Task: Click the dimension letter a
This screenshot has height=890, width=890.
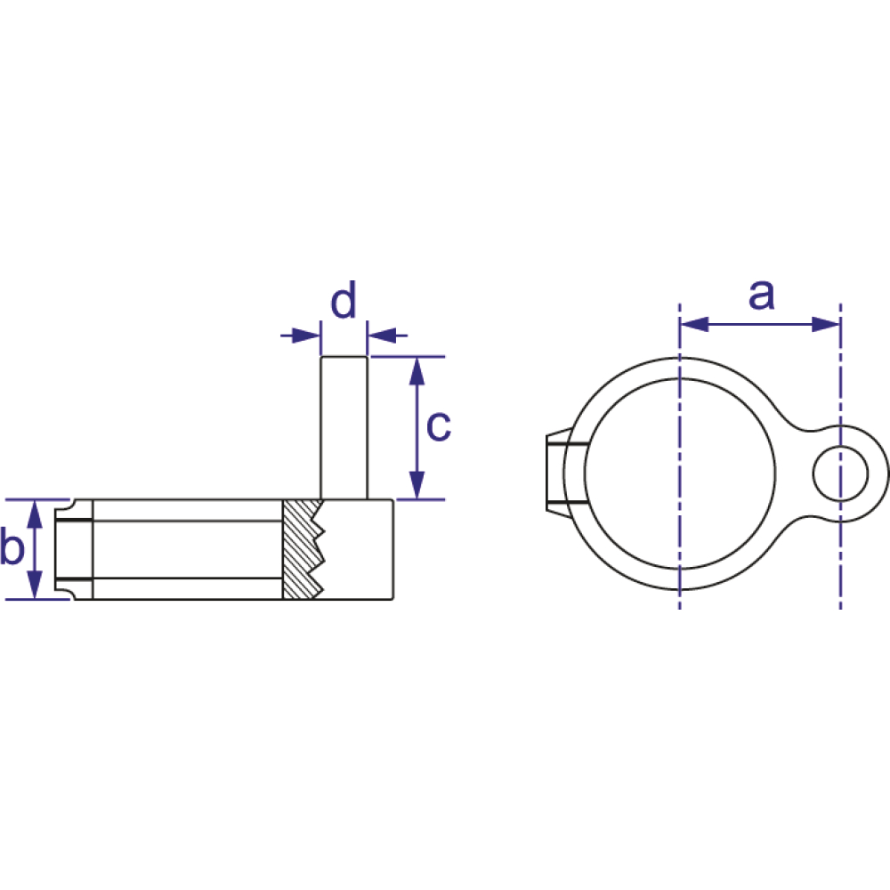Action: click(761, 295)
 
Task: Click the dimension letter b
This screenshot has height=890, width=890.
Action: click(12, 546)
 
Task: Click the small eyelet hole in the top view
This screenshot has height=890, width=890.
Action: click(841, 473)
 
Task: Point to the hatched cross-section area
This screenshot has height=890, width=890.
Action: click(303, 549)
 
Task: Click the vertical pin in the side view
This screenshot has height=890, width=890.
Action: click(344, 428)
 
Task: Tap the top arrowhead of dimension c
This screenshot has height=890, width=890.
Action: click(417, 371)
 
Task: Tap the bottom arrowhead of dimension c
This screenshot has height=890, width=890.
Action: click(417, 485)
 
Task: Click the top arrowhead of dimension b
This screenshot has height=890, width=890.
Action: click(36, 514)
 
